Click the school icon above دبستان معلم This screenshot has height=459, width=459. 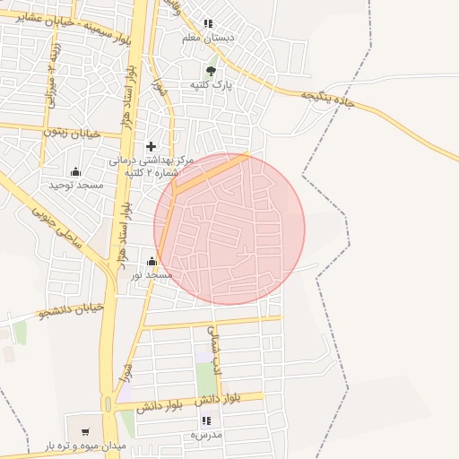tap(208, 24)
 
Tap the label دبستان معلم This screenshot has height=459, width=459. tap(208, 39)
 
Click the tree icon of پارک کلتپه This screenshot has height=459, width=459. tap(211, 70)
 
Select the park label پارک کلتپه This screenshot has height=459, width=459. tap(211, 84)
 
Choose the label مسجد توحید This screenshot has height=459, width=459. tap(75, 185)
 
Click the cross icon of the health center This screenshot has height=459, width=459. tap(151, 146)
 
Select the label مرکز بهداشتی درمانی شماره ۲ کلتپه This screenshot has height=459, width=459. tap(151, 166)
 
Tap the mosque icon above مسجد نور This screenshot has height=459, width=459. tap(151, 262)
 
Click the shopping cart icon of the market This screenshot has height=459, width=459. tap(85, 431)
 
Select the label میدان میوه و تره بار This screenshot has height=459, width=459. tap(86, 446)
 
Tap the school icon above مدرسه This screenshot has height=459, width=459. tap(206, 420)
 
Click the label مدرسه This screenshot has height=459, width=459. tap(205, 434)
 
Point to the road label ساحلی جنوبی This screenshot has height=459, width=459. tap(56, 228)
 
